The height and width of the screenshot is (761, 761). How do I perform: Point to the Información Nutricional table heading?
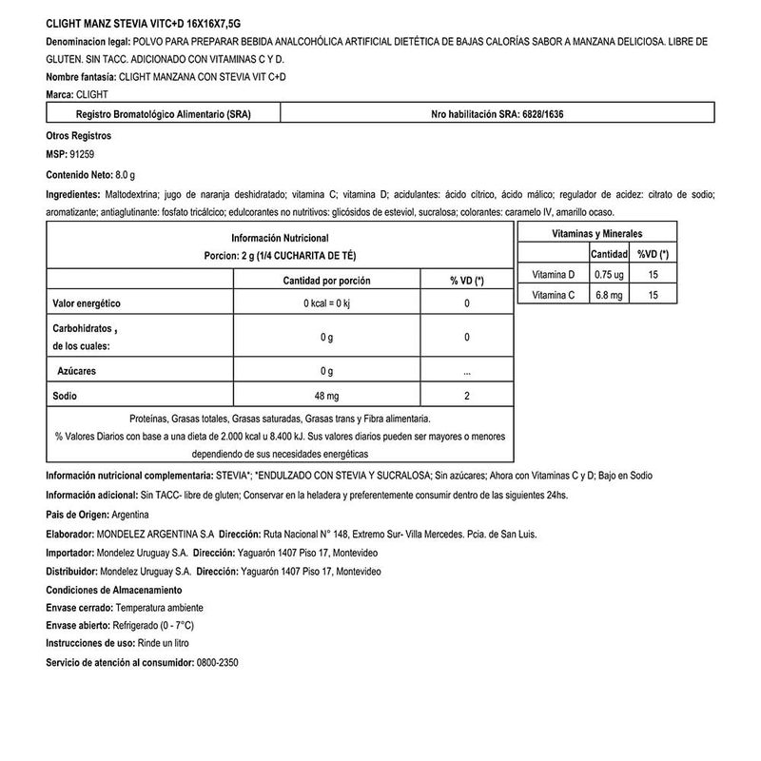pyautogui.click(x=280, y=237)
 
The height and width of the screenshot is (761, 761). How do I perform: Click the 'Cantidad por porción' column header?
pyautogui.click(x=326, y=281)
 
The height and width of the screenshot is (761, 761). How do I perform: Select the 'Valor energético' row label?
pyautogui.click(x=87, y=302)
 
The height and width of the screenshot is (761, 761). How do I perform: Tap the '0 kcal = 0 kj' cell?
pyautogui.click(x=326, y=302)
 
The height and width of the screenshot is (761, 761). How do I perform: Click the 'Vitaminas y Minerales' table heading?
pyautogui.click(x=596, y=233)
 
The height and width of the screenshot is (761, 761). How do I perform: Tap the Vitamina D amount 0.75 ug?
pyautogui.click(x=608, y=275)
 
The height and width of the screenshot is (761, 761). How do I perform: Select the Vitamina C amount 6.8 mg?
pyautogui.click(x=608, y=296)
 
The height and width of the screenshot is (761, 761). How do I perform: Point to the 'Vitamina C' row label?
pyautogui.click(x=553, y=296)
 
